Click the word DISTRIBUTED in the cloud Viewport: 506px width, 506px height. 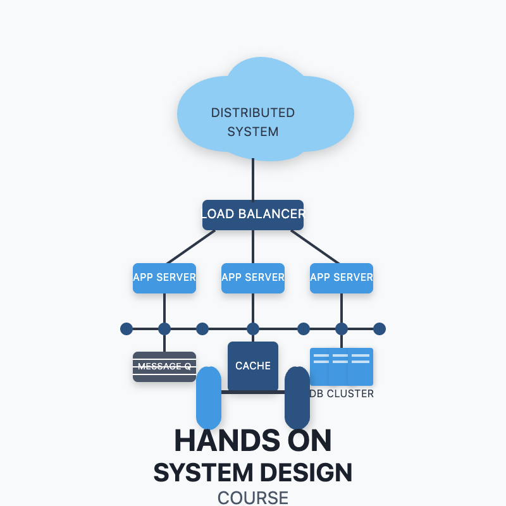[253, 113]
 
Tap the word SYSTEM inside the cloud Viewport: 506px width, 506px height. [253, 132]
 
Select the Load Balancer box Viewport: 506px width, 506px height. [253, 214]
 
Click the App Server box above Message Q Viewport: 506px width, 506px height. [164, 278]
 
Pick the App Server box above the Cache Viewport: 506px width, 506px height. [253, 278]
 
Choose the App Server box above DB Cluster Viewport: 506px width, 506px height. [342, 278]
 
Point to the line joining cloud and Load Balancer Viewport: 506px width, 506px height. [253, 180]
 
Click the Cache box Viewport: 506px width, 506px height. [253, 366]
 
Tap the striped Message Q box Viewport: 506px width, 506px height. [164, 367]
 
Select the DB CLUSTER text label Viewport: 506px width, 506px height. [342, 394]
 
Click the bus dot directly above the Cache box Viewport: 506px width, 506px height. [253, 329]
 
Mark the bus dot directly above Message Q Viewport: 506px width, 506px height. [164, 329]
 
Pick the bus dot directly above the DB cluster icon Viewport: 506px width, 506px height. [342, 329]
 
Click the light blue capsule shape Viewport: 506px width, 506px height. [209, 398]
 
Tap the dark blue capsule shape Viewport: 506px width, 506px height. [297, 398]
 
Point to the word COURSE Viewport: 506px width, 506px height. [253, 498]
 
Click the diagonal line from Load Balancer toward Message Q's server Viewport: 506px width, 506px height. [190, 247]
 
